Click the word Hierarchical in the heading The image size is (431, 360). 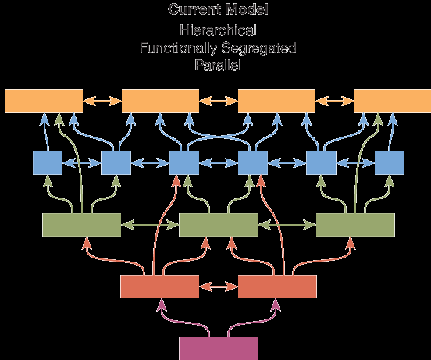tap(219, 30)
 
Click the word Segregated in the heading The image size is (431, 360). tap(258, 48)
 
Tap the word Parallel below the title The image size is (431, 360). tap(218, 65)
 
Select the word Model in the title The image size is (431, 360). tap(247, 9)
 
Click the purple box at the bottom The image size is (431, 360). tap(219, 348)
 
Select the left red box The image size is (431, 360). tap(160, 287)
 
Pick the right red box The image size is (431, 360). tap(277, 287)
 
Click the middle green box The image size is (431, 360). tap(219, 225)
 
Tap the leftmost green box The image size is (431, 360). tap(82, 225)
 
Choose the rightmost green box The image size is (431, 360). tap(356, 225)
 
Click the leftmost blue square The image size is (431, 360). tap(48, 163)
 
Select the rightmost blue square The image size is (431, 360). tap(390, 163)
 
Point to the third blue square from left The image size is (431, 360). tap(184, 163)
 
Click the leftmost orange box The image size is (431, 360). tap(44, 101)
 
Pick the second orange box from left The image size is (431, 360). tap(160, 101)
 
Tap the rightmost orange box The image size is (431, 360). tap(393, 101)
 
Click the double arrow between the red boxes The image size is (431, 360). tap(219, 287)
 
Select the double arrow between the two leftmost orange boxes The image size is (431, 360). tap(102, 101)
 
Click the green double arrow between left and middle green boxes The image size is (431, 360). tap(150, 225)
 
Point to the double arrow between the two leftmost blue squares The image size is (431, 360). tap(82, 163)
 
